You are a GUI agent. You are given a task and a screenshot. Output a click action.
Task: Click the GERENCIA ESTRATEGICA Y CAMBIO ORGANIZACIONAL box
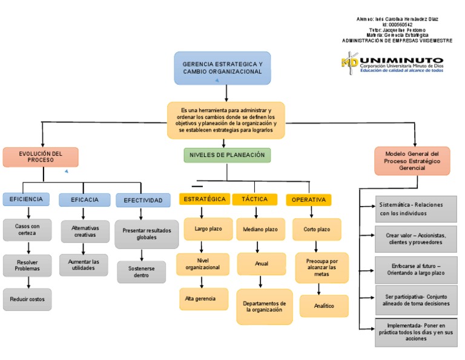click(x=222, y=67)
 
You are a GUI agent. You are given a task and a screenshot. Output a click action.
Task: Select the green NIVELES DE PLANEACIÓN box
click(x=227, y=155)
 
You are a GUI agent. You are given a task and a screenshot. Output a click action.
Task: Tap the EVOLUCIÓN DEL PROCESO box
click(x=41, y=157)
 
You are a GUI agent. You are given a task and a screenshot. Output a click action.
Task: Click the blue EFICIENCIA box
click(x=26, y=199)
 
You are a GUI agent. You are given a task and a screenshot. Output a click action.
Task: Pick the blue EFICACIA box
click(x=85, y=199)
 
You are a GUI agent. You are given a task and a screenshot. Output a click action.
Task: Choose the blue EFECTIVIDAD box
click(x=143, y=200)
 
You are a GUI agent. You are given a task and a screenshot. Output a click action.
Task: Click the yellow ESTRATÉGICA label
click(x=205, y=199)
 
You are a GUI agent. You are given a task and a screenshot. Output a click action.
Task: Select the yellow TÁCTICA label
click(x=254, y=199)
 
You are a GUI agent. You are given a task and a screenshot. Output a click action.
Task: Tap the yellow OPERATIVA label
click(x=309, y=199)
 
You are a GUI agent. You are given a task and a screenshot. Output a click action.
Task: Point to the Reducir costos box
click(x=27, y=299)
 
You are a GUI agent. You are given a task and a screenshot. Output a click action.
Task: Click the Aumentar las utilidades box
click(x=85, y=264)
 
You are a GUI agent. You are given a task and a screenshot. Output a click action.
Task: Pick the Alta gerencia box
click(x=203, y=299)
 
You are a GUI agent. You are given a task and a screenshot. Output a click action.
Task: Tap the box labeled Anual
click(x=261, y=264)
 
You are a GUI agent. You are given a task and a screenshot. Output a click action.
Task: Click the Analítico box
click(x=324, y=306)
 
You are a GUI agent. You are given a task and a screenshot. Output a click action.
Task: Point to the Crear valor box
click(x=415, y=239)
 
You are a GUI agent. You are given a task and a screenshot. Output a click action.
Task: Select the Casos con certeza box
click(x=27, y=229)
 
